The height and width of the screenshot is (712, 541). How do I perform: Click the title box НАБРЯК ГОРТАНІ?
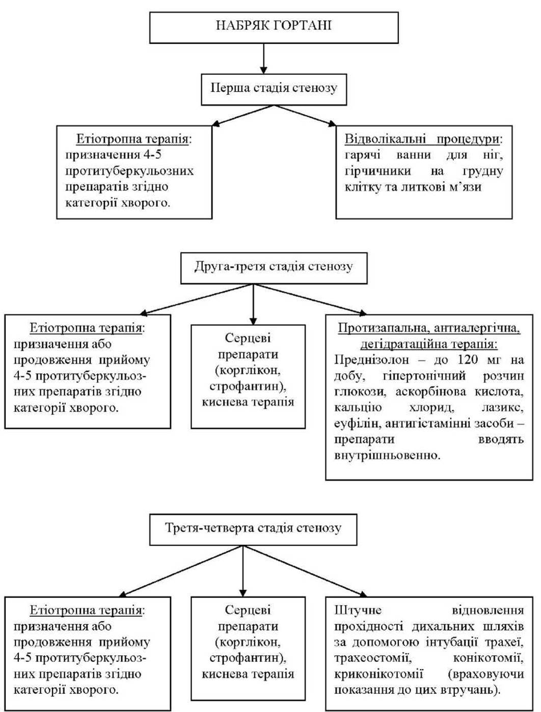(x=274, y=28)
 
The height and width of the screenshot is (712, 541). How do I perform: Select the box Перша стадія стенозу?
(x=274, y=90)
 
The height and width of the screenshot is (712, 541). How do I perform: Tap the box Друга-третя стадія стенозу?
(x=274, y=268)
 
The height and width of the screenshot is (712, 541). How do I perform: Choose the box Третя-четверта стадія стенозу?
(x=253, y=530)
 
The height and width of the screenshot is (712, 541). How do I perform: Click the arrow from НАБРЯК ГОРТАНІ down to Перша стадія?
(x=264, y=59)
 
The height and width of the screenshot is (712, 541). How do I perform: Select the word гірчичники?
(x=377, y=171)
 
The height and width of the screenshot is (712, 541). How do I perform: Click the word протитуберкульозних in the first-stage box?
(x=129, y=171)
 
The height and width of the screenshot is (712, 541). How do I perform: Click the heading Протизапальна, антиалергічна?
(x=429, y=328)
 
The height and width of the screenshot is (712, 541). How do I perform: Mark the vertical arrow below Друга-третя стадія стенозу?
(x=253, y=305)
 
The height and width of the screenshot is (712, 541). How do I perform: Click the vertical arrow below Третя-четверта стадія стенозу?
(x=242, y=571)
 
